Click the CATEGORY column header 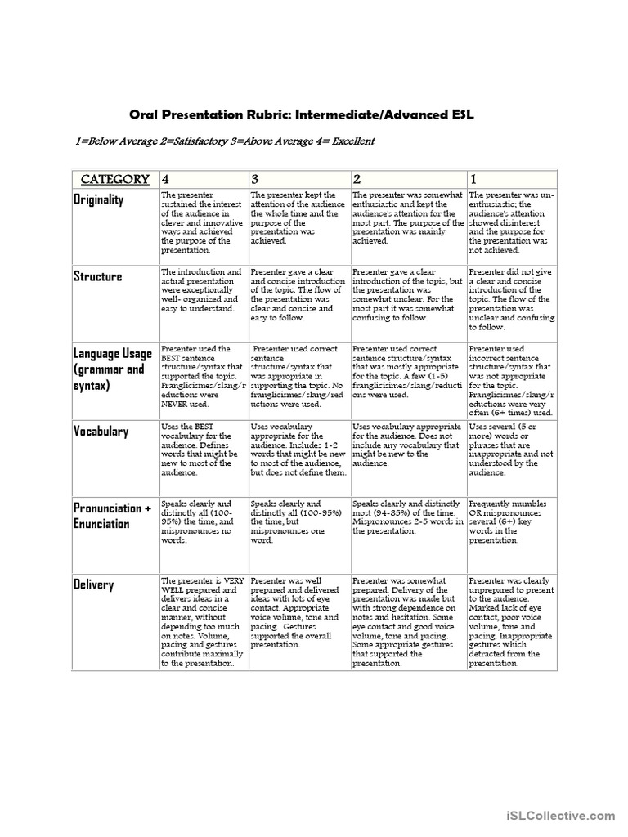click(114, 179)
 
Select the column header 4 click(166, 179)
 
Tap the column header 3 click(255, 179)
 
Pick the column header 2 click(357, 179)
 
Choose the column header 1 click(474, 179)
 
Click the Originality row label click(99, 200)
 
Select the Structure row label click(97, 276)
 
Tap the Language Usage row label click(113, 369)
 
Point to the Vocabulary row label click(101, 431)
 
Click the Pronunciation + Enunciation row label click(113, 516)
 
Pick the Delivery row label click(94, 585)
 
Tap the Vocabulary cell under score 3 click(298, 450)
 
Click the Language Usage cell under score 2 click(407, 372)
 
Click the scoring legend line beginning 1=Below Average click(213, 141)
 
